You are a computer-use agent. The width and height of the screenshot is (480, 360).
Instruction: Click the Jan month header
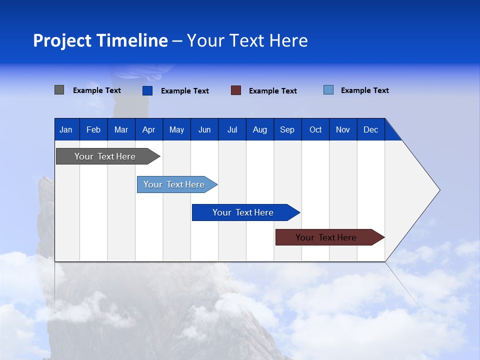click(66, 129)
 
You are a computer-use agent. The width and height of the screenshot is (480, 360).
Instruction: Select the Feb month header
click(93, 129)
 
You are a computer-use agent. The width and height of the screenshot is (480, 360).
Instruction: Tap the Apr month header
click(149, 129)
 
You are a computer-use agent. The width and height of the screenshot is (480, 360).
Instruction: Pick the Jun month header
click(204, 129)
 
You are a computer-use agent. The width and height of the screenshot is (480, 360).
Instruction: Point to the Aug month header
click(260, 129)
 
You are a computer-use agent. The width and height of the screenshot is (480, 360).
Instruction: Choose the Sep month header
click(287, 129)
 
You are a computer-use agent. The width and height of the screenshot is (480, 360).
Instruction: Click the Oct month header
click(315, 129)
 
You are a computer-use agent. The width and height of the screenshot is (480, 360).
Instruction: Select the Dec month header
click(371, 129)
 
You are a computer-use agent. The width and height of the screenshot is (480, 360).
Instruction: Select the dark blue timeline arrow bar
click(243, 212)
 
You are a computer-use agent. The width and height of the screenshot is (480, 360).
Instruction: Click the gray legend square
click(59, 90)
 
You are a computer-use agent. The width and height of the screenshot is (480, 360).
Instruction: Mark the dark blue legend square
click(147, 90)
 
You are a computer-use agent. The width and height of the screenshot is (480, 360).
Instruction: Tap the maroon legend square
click(236, 90)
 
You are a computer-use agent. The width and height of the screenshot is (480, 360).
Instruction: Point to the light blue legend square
click(328, 90)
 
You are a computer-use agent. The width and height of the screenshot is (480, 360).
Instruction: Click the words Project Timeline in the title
click(100, 40)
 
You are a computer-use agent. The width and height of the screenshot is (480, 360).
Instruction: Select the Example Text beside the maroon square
click(273, 90)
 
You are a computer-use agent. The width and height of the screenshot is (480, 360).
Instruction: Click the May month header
click(176, 129)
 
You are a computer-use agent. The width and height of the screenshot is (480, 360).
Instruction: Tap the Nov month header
click(343, 129)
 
